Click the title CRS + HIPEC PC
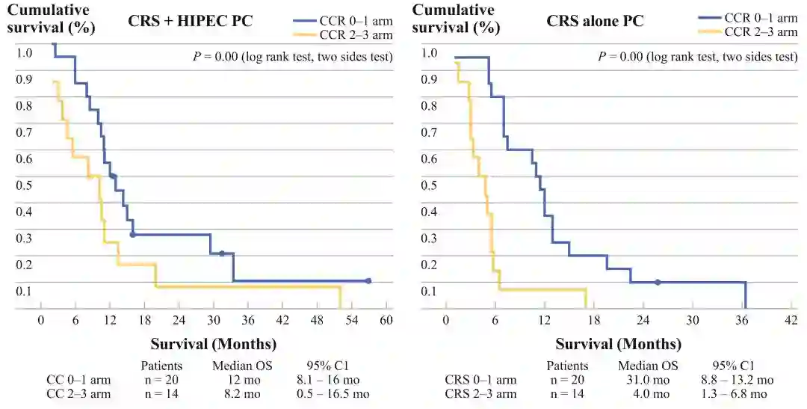(191, 22)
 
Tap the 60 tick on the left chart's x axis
(386, 319)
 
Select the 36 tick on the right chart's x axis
(742, 319)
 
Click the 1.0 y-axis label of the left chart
(25, 52)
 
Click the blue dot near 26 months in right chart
(658, 283)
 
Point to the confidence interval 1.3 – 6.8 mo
(738, 393)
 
